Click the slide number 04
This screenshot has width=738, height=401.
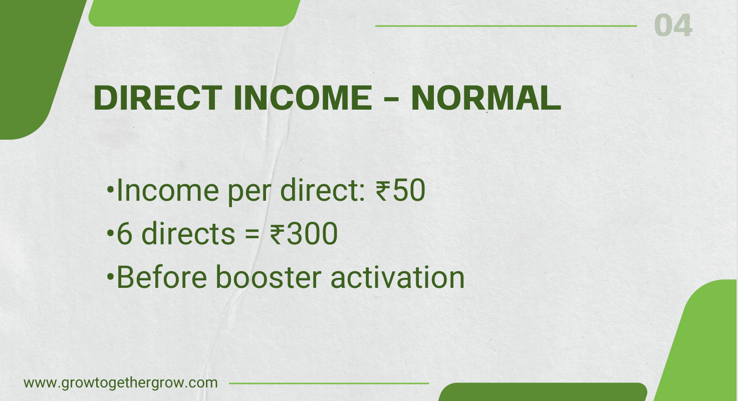click(673, 26)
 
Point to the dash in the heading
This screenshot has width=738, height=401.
click(391, 100)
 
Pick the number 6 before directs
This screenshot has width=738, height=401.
click(123, 235)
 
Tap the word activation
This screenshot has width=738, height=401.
click(398, 277)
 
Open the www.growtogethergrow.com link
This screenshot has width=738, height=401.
click(121, 383)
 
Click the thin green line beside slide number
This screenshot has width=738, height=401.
click(506, 26)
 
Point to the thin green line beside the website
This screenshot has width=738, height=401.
click(329, 383)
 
